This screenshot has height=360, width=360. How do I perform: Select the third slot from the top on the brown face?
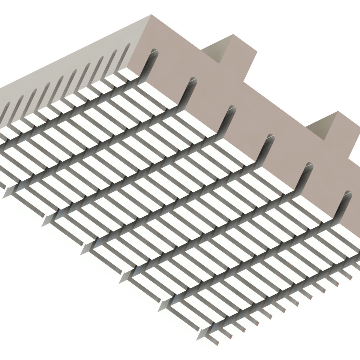[231, 108]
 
